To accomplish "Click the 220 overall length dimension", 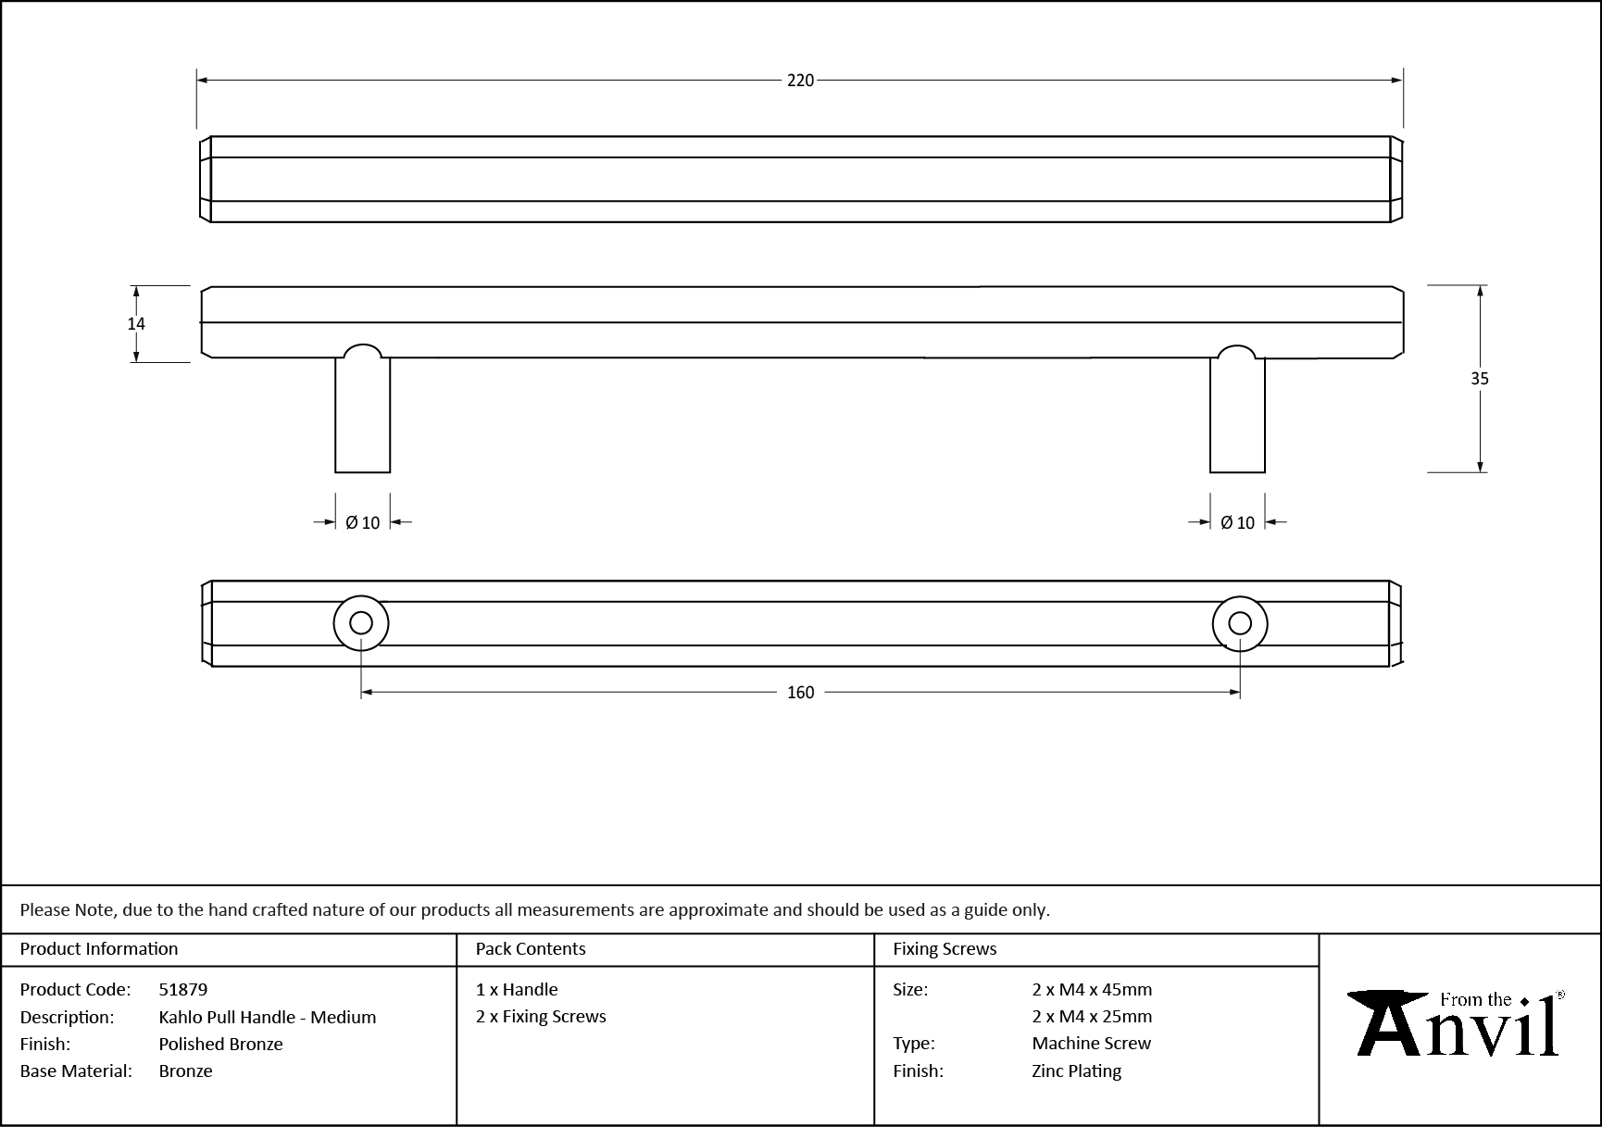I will [x=800, y=81].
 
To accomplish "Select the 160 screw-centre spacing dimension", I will [x=800, y=693].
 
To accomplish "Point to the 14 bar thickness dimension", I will [x=136, y=323].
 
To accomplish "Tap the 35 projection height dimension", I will [x=1479, y=378].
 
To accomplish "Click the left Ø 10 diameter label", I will [x=362, y=523].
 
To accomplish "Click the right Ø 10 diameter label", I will [x=1237, y=523].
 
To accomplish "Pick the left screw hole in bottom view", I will [x=361, y=623].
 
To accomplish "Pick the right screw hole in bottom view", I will [x=1239, y=623].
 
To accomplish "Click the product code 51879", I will [x=183, y=989].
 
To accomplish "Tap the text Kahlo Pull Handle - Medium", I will [x=267, y=1017].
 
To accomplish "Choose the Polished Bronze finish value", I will [x=220, y=1044].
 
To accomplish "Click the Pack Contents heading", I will [x=531, y=948].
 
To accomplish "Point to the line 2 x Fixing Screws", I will [x=541, y=1016].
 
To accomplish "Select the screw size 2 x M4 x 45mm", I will [x=1092, y=989].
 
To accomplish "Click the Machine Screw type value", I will [x=1091, y=1043].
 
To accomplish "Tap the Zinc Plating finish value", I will [x=1076, y=1071].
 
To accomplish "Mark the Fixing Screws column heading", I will [x=945, y=948].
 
